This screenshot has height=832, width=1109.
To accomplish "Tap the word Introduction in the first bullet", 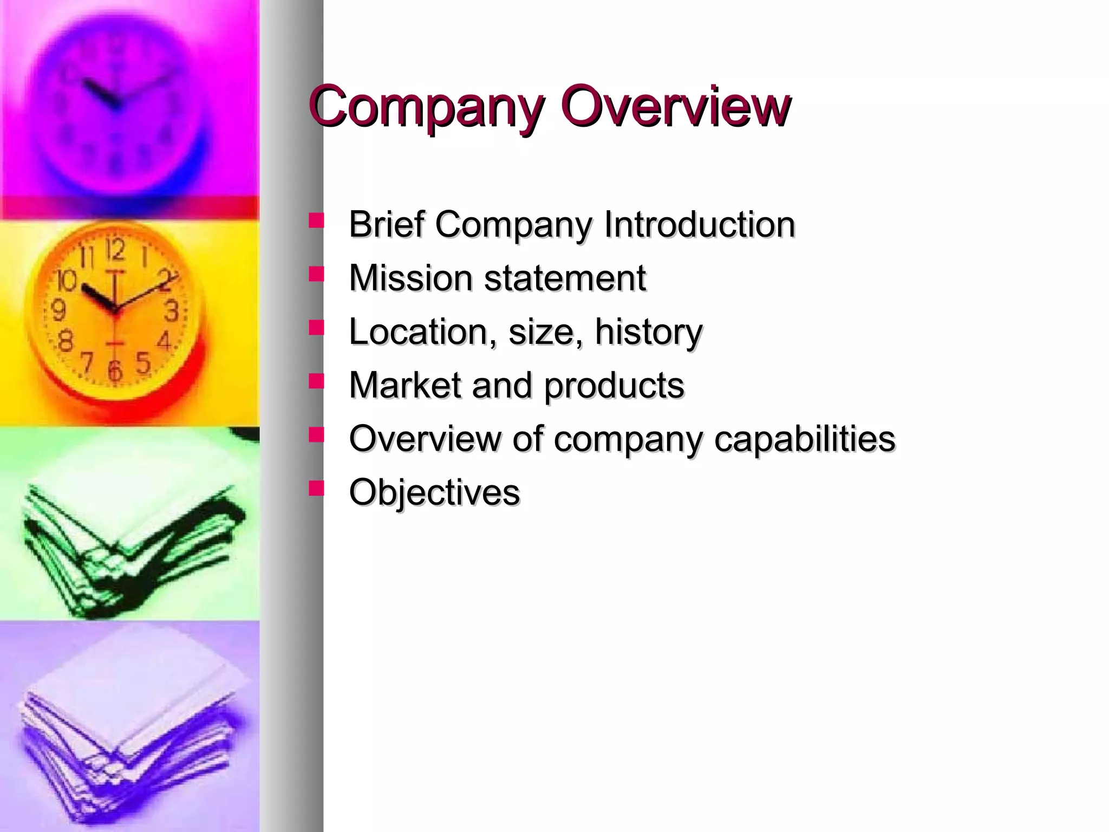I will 699,224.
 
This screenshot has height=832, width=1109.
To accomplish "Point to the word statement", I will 564,278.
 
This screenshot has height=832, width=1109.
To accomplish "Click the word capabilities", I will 805,439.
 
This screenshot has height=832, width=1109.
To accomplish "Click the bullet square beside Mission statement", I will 316,274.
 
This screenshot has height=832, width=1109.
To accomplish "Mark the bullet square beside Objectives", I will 316,489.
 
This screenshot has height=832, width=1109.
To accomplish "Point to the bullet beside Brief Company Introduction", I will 316,220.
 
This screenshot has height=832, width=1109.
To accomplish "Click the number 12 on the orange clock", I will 115,250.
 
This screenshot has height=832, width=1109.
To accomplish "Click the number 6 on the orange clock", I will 115,371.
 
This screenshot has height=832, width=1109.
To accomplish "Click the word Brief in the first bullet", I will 386,224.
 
